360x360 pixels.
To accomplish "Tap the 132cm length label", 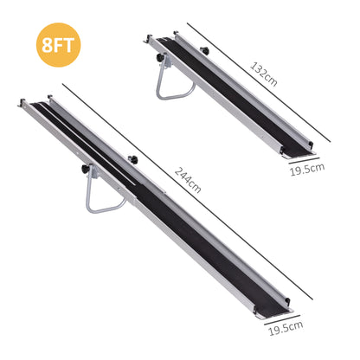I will [263, 74].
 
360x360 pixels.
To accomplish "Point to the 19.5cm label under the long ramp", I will [286, 328].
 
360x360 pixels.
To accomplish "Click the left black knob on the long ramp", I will [84, 170].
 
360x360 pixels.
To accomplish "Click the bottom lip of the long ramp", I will [276, 311].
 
